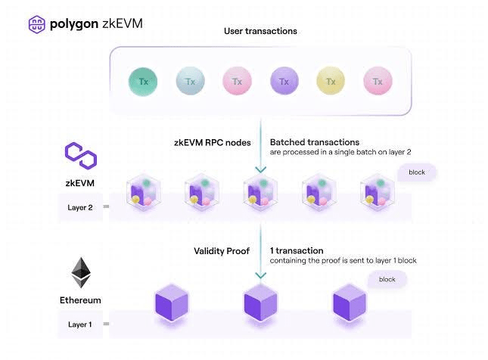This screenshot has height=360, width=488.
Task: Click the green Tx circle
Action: point(143,80)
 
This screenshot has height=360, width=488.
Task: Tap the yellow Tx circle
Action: point(330,80)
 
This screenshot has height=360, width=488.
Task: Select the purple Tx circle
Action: point(284,80)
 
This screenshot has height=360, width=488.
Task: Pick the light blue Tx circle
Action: point(190,80)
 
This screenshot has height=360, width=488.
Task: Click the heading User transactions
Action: point(260,31)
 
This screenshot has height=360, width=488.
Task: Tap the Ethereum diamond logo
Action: point(80,272)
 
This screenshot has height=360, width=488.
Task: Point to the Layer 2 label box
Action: point(80,207)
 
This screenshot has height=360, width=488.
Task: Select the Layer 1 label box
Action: point(80,325)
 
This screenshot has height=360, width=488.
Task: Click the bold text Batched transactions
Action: point(314,142)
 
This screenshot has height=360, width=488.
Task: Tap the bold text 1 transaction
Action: point(297,250)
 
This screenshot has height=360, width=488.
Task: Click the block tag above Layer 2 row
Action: point(417,172)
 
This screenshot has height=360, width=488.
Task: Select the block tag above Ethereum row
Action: point(387,279)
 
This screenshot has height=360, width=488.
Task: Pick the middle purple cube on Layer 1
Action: point(261,305)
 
